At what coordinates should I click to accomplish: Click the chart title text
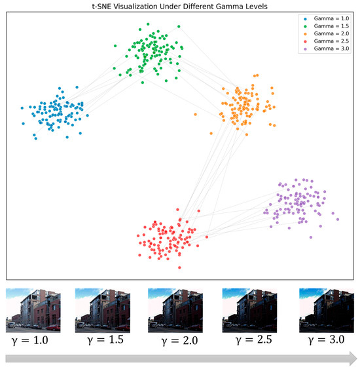179,6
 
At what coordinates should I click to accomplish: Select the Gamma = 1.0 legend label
331,18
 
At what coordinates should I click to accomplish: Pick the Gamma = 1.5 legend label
331,26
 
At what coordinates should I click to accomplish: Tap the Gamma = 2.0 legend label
331,33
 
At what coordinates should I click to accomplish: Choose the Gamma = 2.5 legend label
331,41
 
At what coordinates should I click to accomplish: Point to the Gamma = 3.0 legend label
331,49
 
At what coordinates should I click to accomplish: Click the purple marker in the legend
305,49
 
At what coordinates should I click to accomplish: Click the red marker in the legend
305,41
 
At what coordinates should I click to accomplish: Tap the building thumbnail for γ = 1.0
33,311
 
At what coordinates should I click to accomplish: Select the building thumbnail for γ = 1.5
103,311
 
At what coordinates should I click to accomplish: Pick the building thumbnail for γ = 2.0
175,311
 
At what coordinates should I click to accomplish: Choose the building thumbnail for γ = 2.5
249,311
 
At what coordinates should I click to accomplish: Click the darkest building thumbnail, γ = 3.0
327,311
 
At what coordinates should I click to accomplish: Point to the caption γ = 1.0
30,341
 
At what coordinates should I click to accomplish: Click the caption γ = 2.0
179,341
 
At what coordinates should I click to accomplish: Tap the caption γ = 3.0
326,340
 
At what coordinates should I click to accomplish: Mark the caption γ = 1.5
105,340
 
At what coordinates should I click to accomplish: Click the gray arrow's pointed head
356,359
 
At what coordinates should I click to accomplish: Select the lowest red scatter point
179,267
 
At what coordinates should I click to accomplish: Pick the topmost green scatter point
148,24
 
